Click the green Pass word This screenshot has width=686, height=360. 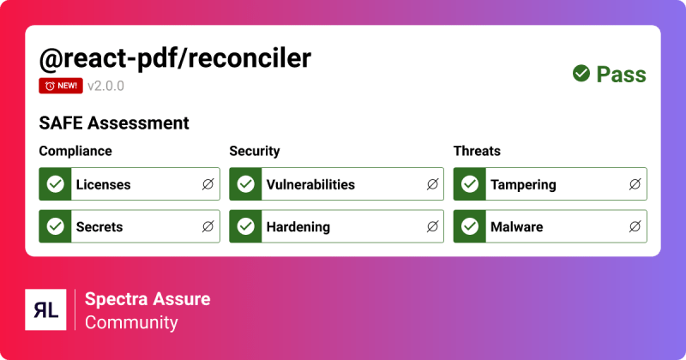(621, 75)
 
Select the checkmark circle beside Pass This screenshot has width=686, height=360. (581, 74)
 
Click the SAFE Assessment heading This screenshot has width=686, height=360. (114, 123)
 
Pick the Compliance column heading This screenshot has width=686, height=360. (75, 152)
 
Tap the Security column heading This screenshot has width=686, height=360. (255, 152)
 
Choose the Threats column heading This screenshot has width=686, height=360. (477, 152)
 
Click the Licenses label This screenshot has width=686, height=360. (103, 184)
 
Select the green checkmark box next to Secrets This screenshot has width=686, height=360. (56, 227)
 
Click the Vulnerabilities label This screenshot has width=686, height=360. (310, 184)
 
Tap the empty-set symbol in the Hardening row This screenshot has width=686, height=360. (432, 227)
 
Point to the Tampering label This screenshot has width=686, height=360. (523, 184)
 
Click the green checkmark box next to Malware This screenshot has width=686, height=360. (470, 227)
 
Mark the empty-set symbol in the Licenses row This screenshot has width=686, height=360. (208, 184)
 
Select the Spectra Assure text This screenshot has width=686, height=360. (147, 299)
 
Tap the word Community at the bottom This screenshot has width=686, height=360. (131, 323)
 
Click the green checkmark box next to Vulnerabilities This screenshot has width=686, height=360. (246, 184)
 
